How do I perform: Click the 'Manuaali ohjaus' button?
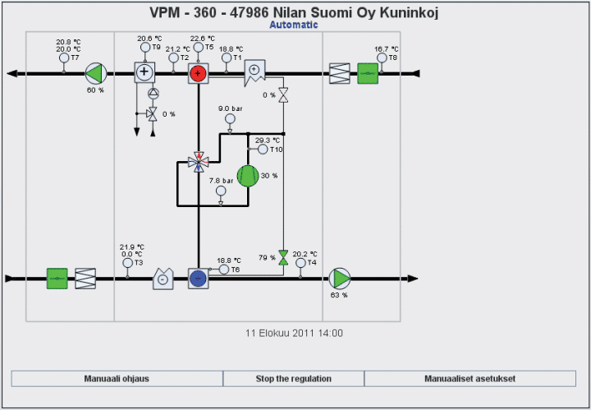117,379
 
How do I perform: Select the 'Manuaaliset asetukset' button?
470,379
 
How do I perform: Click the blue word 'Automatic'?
294,25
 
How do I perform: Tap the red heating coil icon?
198,73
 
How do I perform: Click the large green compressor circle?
248,176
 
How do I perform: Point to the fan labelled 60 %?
96,74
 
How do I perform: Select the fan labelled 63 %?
339,279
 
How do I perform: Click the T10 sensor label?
276,150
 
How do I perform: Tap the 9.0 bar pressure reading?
231,108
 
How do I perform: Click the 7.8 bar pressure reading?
221,180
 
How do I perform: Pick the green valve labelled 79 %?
283,257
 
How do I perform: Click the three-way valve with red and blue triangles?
197,161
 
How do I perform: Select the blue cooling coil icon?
197,279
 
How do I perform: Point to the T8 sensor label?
392,58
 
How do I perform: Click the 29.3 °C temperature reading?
268,141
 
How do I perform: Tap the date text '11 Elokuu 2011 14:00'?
295,334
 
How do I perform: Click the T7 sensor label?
75,58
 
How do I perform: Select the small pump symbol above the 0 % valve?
152,94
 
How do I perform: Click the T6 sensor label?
235,269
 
